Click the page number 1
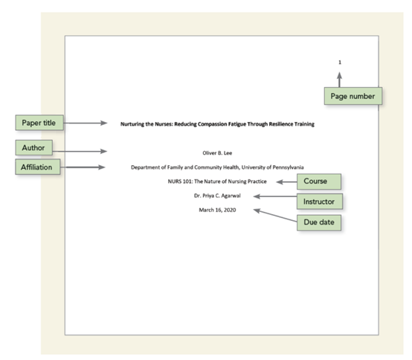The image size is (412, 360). (x=340, y=62)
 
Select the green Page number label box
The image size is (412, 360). (x=353, y=96)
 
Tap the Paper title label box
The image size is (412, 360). (x=39, y=123)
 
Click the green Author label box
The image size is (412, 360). (x=34, y=148)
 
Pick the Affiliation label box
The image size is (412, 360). (x=38, y=167)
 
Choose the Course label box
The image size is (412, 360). (x=319, y=181)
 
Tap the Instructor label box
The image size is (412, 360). (x=320, y=202)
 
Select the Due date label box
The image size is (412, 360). (x=319, y=222)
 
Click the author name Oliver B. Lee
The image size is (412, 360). (x=217, y=153)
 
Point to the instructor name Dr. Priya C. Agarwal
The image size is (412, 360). (x=217, y=196)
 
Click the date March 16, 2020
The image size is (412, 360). (x=217, y=210)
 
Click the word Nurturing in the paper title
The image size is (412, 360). (x=132, y=124)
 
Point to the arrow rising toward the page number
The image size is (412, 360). (x=339, y=80)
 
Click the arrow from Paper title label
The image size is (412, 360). (x=86, y=123)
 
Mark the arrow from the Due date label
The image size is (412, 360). (x=275, y=215)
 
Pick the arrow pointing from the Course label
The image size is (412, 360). (x=286, y=181)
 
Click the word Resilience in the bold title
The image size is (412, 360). (x=280, y=124)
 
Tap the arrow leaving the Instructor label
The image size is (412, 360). (x=275, y=196)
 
